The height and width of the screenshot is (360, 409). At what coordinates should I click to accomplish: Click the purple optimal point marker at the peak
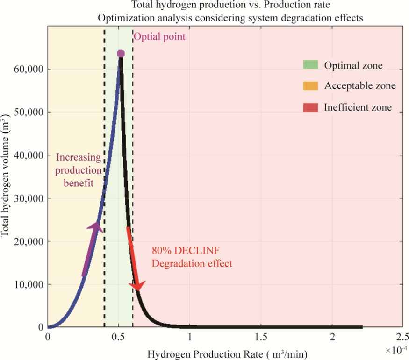121,54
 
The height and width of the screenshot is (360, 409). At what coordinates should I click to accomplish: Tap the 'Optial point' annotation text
159,36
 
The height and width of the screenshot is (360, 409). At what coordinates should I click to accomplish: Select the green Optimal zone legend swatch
310,65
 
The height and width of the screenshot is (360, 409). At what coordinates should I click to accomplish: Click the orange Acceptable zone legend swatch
310,86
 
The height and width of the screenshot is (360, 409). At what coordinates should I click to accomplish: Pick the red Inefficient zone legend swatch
310,107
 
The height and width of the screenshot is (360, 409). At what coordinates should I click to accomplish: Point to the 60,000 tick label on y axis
28,69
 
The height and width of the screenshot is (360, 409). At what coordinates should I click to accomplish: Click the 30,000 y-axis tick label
28,198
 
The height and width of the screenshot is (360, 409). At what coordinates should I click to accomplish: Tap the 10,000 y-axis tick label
28,284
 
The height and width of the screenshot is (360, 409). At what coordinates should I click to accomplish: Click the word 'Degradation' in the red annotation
175,263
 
